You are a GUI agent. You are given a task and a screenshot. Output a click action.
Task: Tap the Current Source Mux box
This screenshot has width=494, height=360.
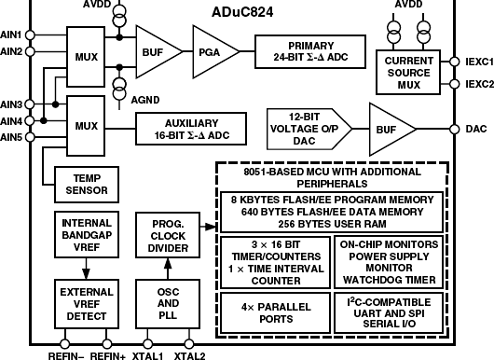[412, 69]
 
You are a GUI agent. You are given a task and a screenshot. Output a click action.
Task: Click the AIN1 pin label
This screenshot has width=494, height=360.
[12, 35]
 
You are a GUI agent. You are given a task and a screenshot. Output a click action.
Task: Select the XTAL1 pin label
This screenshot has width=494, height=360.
[146, 355]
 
